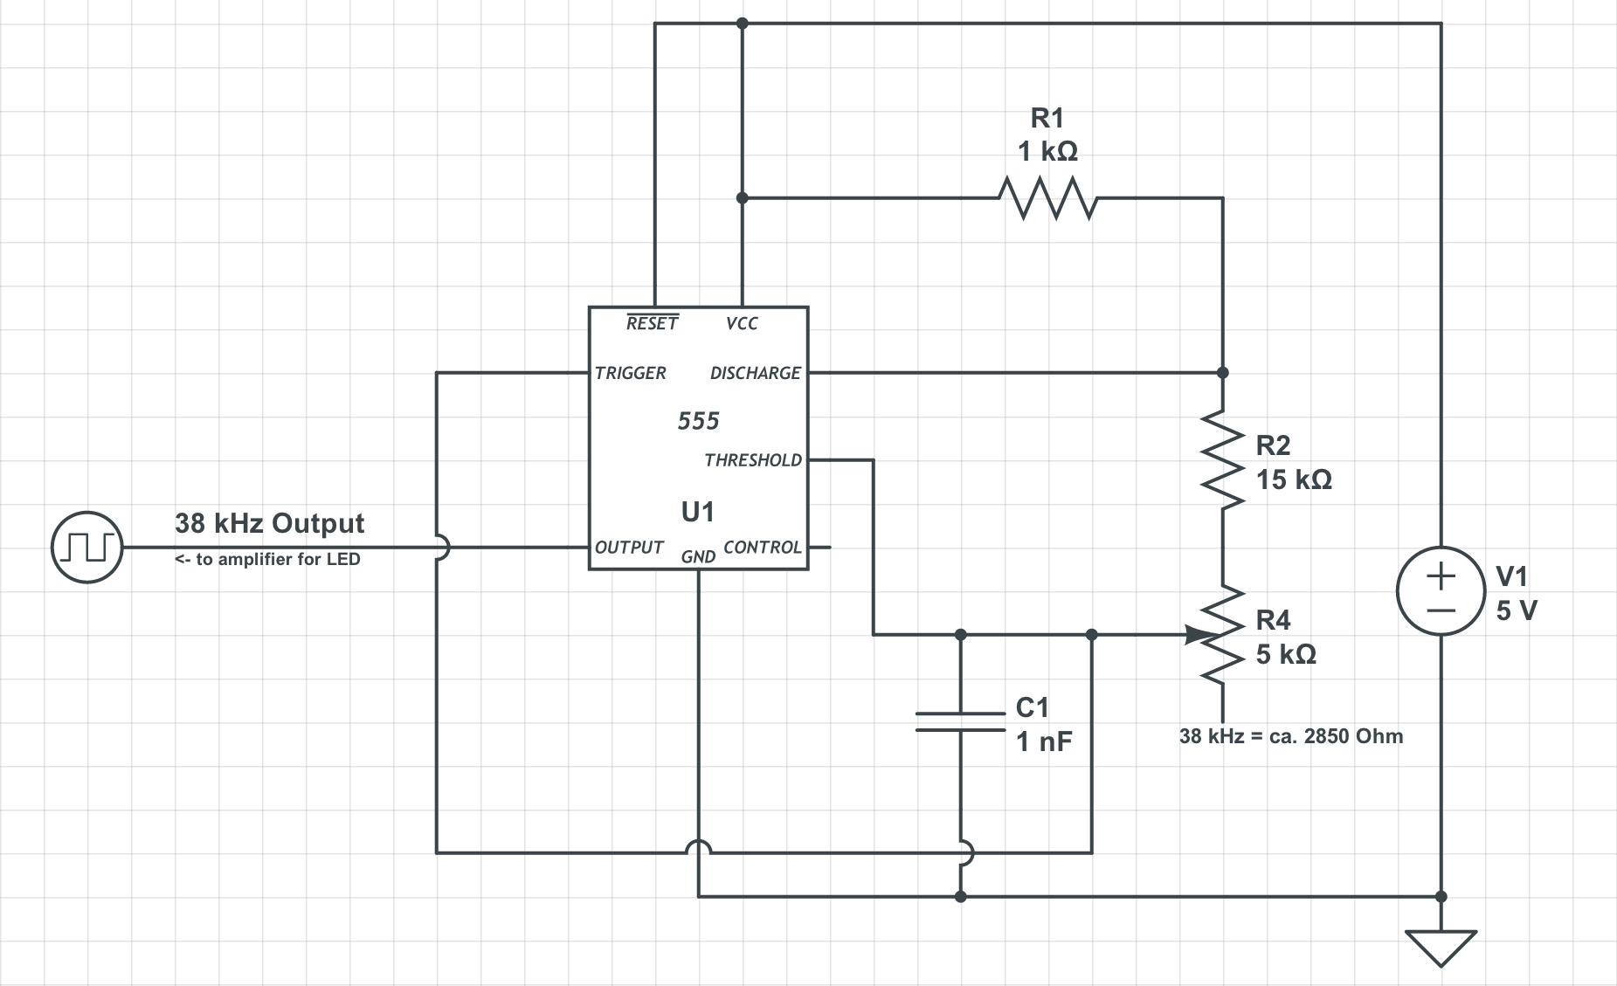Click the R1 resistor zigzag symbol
tap(1047, 199)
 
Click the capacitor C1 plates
tap(960, 721)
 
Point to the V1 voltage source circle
tap(1441, 590)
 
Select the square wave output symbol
tap(86, 548)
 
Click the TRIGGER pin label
tap(630, 373)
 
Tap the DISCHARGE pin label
tap(755, 373)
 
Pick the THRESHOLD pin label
tap(752, 460)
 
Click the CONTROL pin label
tap(762, 548)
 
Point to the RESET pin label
tap(652, 323)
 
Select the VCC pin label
tap(742, 323)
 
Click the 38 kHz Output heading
tap(269, 523)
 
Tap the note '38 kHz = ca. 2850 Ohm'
tap(1290, 736)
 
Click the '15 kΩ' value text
tap(1294, 479)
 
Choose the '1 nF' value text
tap(1043, 741)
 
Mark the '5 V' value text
tap(1516, 610)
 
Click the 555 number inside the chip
tap(698, 421)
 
